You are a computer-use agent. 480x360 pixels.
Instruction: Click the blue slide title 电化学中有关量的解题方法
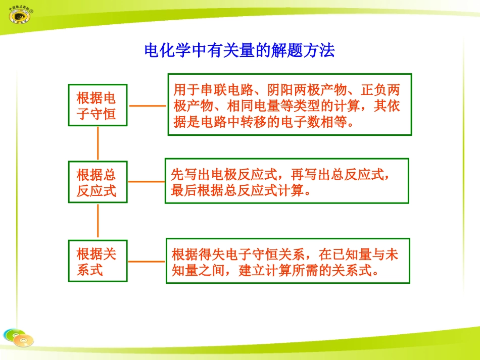pyautogui.click(x=239, y=50)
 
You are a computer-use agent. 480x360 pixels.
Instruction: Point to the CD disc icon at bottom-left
pyautogui.click(x=18, y=338)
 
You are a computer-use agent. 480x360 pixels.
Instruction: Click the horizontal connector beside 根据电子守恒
pyautogui.click(x=148, y=106)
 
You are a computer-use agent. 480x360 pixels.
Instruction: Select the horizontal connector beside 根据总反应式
pyautogui.click(x=146, y=181)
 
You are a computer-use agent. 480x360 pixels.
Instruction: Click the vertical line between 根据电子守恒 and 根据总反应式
pyautogui.click(x=98, y=143)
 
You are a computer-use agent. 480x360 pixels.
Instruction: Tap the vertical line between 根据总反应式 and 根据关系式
pyautogui.click(x=98, y=221)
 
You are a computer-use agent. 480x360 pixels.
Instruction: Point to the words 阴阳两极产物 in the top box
pyautogui.click(x=307, y=91)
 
